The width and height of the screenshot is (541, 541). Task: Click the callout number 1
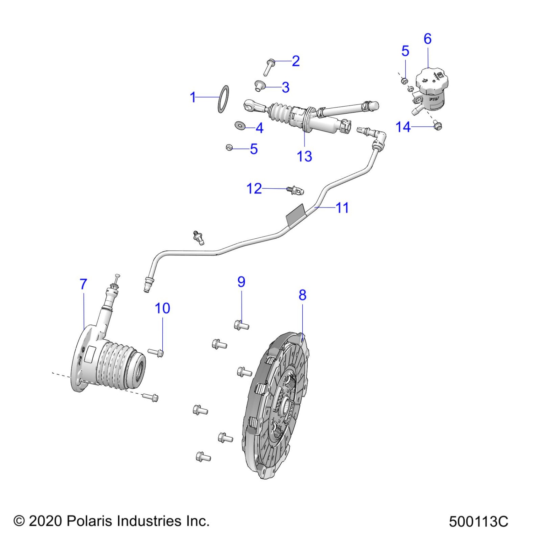coord(193,97)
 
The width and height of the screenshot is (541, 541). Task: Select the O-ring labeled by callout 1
coord(223,99)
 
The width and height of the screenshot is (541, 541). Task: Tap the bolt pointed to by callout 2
coord(269,67)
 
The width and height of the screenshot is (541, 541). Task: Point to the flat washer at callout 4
coord(240,125)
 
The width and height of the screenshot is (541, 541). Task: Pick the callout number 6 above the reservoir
coord(427,39)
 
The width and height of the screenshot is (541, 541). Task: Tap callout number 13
coord(304,156)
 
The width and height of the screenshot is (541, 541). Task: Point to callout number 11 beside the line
coord(342,208)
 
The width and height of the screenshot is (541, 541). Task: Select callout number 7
coord(83,284)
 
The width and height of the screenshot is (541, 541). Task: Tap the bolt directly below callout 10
coord(156,352)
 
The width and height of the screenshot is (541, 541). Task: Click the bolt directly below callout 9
coord(241,326)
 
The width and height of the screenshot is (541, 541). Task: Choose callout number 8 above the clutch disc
coord(302,295)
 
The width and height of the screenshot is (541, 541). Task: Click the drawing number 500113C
coord(478,522)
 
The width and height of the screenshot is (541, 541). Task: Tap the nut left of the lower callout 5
coord(229,148)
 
